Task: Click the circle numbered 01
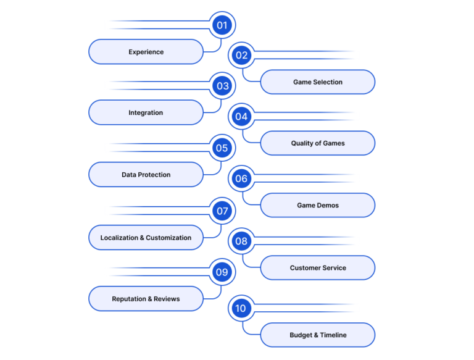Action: tap(222, 25)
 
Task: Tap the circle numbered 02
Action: tap(241, 56)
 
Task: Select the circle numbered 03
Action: tap(222, 86)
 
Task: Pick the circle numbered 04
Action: tap(241, 117)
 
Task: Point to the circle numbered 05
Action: tap(222, 148)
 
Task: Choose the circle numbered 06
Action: tap(241, 178)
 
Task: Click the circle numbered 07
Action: tap(222, 211)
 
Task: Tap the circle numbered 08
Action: tap(241, 241)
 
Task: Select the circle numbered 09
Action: tap(222, 272)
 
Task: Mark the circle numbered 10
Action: tap(241, 308)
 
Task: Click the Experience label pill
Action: tap(146, 52)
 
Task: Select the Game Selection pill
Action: tap(318, 82)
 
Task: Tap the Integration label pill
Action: tap(146, 112)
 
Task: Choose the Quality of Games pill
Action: tap(318, 143)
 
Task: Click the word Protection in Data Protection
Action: tap(154, 175)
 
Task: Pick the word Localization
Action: tap(119, 238)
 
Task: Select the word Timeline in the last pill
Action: tap(333, 335)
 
